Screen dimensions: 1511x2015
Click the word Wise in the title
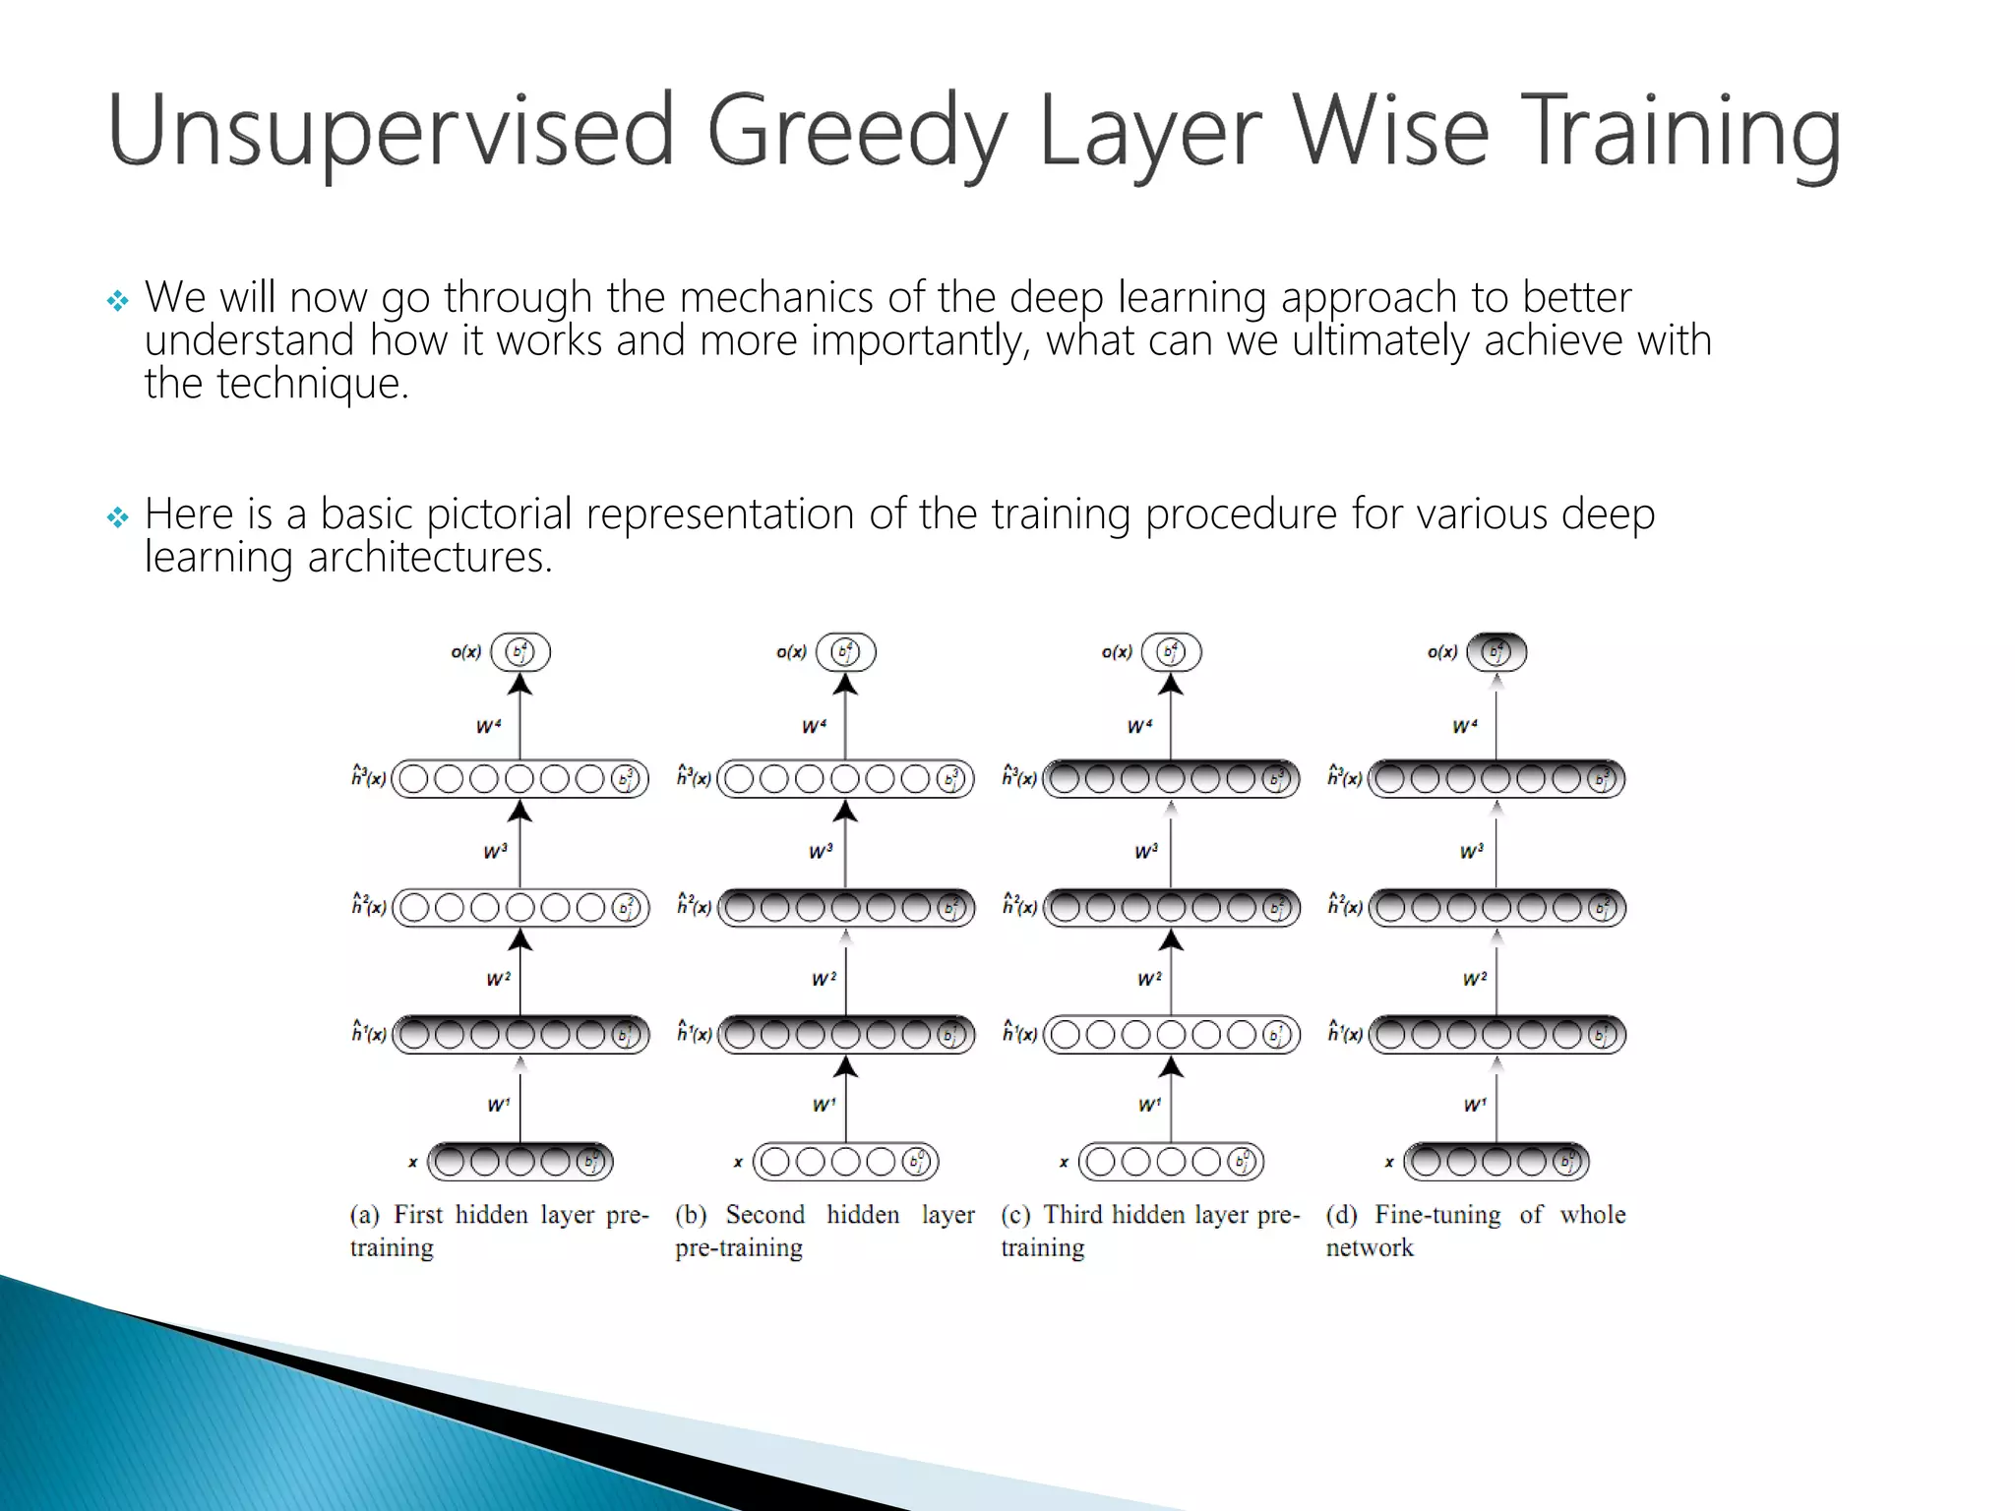coord(1388,131)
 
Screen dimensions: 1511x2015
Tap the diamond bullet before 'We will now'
coord(118,301)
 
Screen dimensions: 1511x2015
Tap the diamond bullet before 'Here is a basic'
coord(118,517)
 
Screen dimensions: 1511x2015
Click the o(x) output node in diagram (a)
coord(520,652)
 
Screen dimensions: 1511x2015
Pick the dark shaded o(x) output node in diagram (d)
coord(1496,652)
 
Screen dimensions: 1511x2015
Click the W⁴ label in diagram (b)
coord(814,727)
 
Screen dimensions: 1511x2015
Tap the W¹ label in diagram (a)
coord(498,1105)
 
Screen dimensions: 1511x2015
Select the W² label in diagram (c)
coord(1148,979)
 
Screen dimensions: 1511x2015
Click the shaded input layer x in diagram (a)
coord(520,1162)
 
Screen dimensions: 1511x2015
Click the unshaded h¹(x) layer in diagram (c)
coord(1171,1035)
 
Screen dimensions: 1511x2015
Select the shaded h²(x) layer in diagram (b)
coord(846,907)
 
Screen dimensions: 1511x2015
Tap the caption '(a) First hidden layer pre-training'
coord(498,1231)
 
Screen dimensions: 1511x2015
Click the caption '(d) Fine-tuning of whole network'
coord(1474,1231)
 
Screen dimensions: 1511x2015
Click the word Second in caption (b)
coord(764,1215)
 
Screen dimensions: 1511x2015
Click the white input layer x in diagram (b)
coord(846,1162)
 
